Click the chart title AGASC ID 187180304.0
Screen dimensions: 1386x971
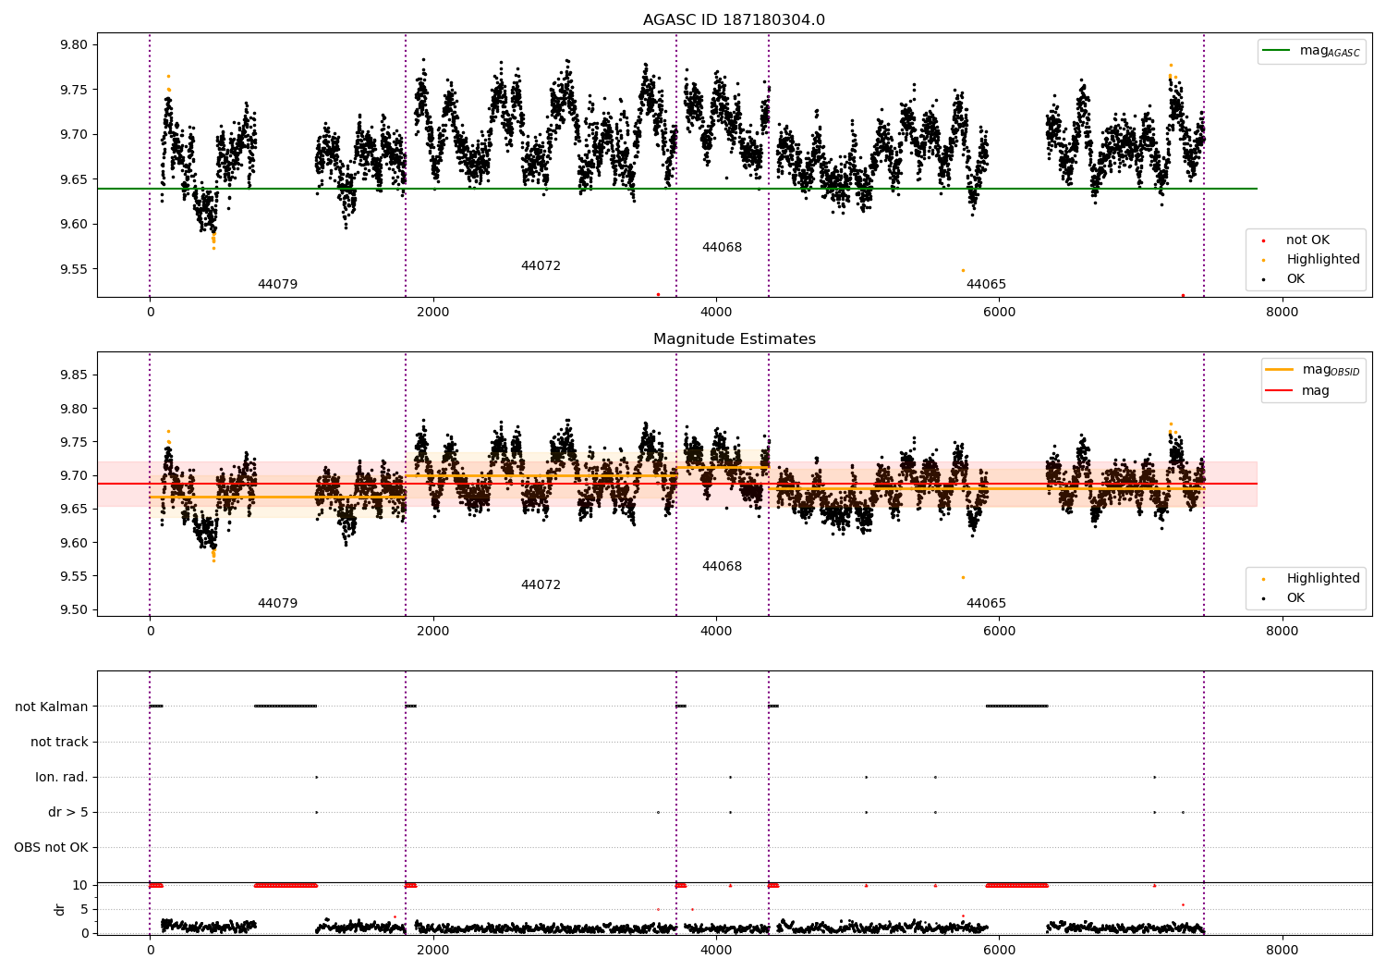pyautogui.click(x=734, y=19)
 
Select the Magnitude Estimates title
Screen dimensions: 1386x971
pyautogui.click(x=734, y=338)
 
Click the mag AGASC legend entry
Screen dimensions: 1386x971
pyautogui.click(x=1311, y=51)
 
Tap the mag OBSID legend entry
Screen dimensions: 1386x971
pyautogui.click(x=1312, y=370)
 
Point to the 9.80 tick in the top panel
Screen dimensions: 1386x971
pyautogui.click(x=74, y=44)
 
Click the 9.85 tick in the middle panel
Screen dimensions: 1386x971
pyautogui.click(x=74, y=375)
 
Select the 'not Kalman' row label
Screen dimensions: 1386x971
pyautogui.click(x=52, y=707)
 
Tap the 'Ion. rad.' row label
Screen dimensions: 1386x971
pyautogui.click(x=61, y=777)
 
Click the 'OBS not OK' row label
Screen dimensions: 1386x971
pyautogui.click(x=52, y=847)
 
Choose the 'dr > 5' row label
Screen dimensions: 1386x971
pyautogui.click(x=68, y=813)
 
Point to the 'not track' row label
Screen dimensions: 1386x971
pyautogui.click(x=59, y=742)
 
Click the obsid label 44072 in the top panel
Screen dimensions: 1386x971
pyautogui.click(x=541, y=265)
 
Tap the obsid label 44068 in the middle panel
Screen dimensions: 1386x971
pyautogui.click(x=722, y=566)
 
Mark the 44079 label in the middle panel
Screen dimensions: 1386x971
pyautogui.click(x=277, y=603)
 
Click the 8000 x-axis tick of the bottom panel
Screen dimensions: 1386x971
pyautogui.click(x=1283, y=951)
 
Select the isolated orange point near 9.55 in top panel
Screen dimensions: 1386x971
pyautogui.click(x=964, y=271)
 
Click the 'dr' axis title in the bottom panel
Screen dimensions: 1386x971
pyautogui.click(x=59, y=910)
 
